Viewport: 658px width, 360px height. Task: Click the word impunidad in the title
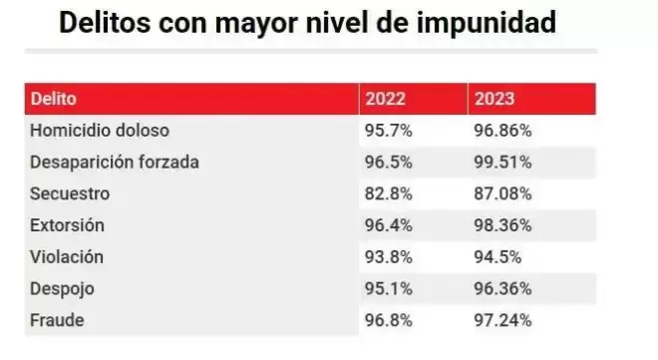[x=487, y=23]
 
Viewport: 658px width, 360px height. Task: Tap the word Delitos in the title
[x=105, y=23]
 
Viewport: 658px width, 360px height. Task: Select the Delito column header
[x=53, y=99]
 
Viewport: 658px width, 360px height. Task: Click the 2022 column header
[x=385, y=99]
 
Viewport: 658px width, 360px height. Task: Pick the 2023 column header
[x=494, y=99]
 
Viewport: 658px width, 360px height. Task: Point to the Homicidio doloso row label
[x=100, y=131]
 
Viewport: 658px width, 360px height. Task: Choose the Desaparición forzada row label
[x=115, y=163]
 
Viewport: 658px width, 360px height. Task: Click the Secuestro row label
[x=70, y=193]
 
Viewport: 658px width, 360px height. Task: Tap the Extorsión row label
[x=67, y=225]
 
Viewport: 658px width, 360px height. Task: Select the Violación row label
[x=67, y=257]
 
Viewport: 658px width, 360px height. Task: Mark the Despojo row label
[x=62, y=289]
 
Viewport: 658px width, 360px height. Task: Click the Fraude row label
[x=57, y=320]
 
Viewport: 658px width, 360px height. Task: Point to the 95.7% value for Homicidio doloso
[x=389, y=131]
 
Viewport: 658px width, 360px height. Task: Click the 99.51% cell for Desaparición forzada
[x=502, y=163]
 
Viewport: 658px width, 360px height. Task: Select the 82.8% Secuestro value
[x=389, y=193]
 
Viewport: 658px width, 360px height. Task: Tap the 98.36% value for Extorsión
[x=502, y=225]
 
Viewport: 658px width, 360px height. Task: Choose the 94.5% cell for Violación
[x=497, y=257]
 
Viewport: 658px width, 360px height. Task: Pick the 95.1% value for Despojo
[x=389, y=289]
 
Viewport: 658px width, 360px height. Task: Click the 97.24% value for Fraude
[x=502, y=320]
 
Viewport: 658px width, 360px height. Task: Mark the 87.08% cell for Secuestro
[x=502, y=193]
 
